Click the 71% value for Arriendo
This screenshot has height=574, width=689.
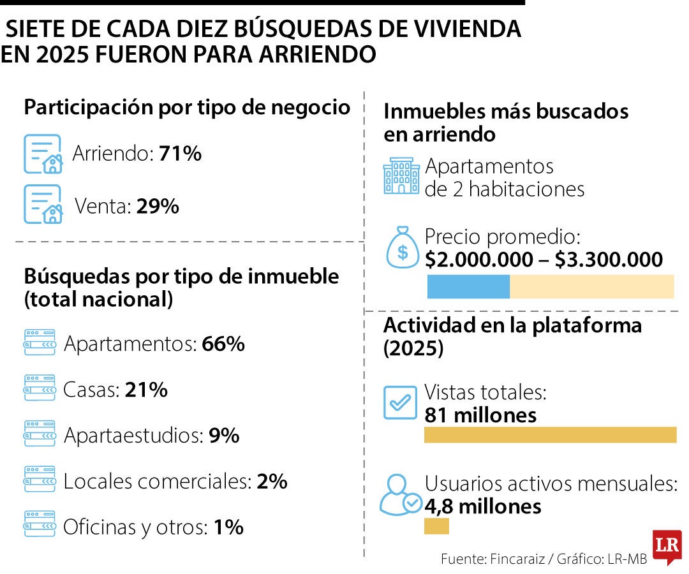click(x=181, y=154)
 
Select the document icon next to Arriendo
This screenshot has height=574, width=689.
click(x=43, y=154)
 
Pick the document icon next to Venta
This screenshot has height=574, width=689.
click(x=43, y=204)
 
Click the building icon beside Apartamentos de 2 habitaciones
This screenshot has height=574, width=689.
click(x=401, y=177)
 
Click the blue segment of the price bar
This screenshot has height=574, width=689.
click(x=468, y=287)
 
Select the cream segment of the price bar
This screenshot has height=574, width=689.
click(x=591, y=287)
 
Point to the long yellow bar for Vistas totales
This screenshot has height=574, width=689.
click(x=550, y=435)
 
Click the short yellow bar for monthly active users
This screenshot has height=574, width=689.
click(x=436, y=527)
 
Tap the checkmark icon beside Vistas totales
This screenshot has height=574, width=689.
click(x=400, y=402)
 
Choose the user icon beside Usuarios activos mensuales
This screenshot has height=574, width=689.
click(x=400, y=496)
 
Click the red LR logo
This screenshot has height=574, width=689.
click(x=667, y=546)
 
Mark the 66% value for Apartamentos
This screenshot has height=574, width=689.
click(x=223, y=344)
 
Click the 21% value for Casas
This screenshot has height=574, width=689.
click(x=146, y=390)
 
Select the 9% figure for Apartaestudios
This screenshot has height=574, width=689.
click(x=224, y=436)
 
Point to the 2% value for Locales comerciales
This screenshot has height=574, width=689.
click(x=272, y=482)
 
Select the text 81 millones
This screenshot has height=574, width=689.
click(x=480, y=415)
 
